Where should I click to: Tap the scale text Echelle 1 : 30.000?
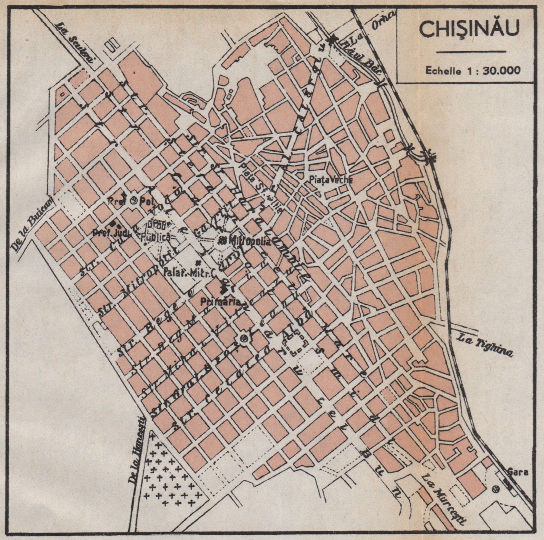[x=473, y=70]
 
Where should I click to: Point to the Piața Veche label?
[x=330, y=180]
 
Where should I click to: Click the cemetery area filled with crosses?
[x=170, y=476]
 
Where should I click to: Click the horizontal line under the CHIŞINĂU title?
[x=471, y=52]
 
